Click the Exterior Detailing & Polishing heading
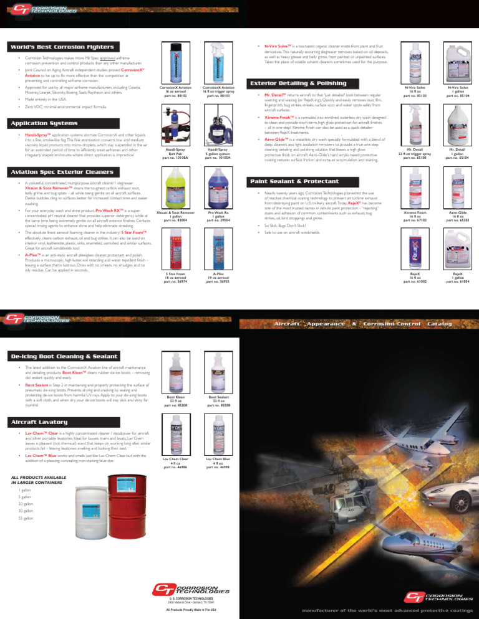click(x=298, y=83)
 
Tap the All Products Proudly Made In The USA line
click(x=190, y=609)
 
